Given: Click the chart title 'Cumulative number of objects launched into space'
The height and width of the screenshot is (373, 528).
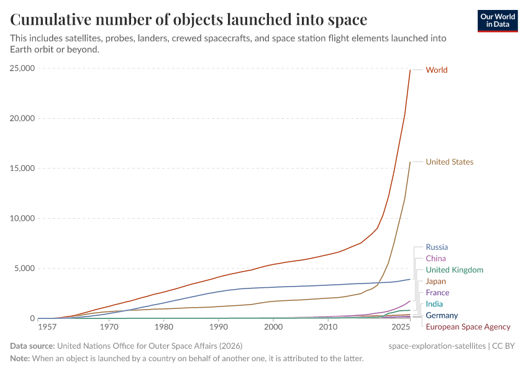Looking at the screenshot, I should point(188,20).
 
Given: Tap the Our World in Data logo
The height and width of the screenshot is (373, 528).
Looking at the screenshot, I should point(498,21).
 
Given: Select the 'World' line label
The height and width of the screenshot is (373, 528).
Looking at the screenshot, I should point(436,70).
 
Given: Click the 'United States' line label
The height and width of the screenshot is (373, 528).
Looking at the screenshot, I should point(449,162).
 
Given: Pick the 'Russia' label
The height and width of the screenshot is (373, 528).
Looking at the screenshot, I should point(437,247).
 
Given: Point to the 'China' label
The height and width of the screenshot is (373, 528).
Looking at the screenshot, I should point(435,259).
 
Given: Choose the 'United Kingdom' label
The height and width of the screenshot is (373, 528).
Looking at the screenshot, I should point(454,270).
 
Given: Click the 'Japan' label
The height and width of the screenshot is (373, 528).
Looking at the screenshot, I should point(435,282).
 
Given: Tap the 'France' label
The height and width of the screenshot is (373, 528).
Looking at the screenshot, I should point(437,293).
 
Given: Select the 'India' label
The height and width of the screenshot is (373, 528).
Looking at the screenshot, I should point(434,304).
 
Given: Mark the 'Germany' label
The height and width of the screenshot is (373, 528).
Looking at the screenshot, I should point(442,315).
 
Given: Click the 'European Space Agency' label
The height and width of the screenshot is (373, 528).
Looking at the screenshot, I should point(468,327).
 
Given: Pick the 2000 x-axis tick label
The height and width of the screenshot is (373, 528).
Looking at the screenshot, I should point(273,327).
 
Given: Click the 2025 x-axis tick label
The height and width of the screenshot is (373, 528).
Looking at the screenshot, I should point(401,327).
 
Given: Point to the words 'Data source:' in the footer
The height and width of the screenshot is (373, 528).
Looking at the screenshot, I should point(33,346).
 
